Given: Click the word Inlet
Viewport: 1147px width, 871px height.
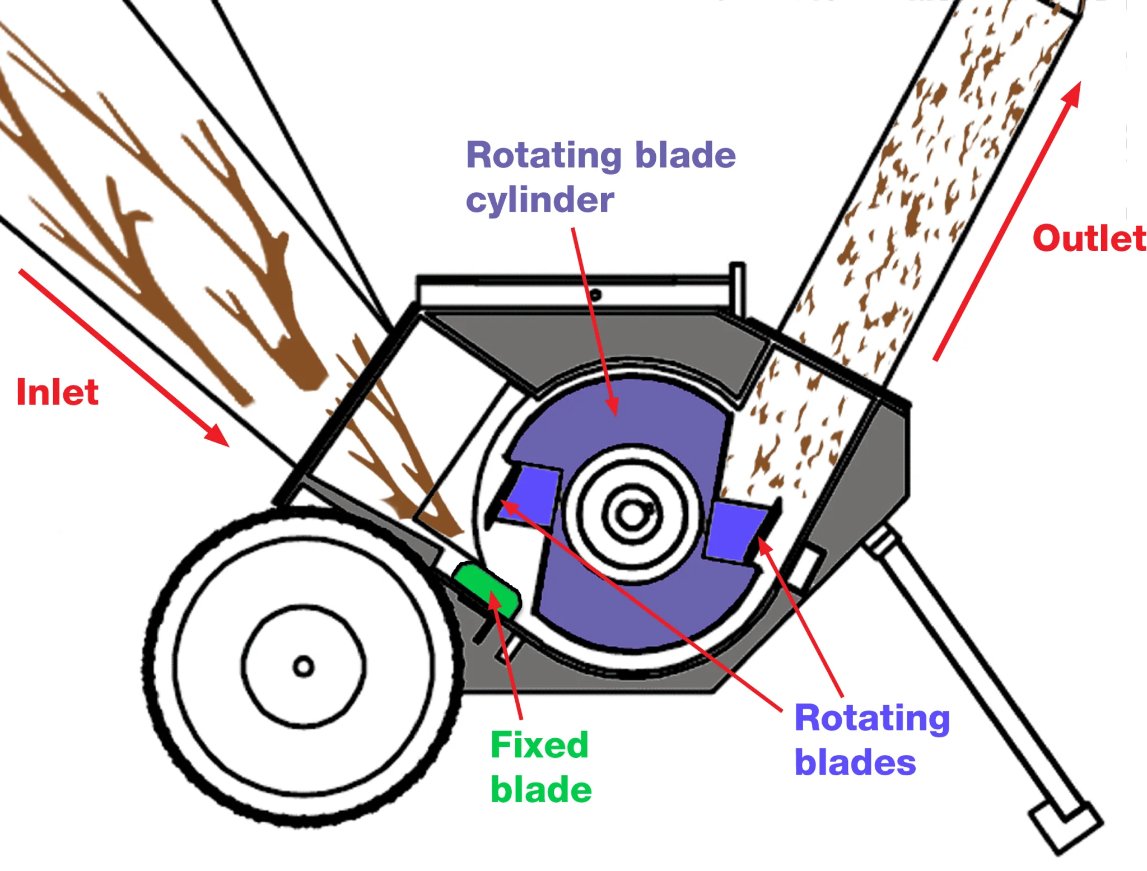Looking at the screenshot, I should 58,392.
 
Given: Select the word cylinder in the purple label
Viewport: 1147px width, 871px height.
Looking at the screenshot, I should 540,200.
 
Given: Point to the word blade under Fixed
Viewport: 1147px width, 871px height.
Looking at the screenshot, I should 541,790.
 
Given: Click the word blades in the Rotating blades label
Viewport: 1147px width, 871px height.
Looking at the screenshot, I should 855,762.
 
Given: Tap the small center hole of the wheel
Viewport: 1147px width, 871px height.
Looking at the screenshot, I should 304,667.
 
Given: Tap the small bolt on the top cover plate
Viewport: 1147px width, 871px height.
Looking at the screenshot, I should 596,295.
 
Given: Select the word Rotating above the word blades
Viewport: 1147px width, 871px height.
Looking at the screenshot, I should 872,718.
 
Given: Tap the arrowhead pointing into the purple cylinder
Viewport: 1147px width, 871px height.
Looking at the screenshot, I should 614,406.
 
